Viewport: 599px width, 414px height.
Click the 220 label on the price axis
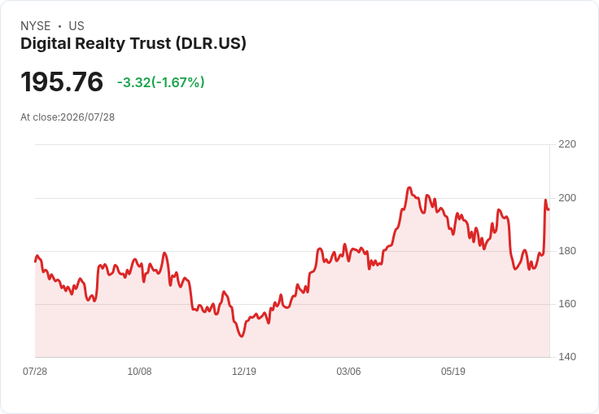click(567, 144)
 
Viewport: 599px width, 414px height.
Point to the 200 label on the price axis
click(567, 198)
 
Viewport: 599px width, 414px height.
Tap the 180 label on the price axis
click(567, 251)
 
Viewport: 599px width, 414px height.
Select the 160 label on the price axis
click(567, 304)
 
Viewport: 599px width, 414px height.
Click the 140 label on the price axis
click(567, 357)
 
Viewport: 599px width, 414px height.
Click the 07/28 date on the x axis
click(35, 372)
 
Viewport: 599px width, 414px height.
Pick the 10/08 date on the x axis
click(139, 372)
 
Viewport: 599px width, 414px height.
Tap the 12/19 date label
click(244, 372)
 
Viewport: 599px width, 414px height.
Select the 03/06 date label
click(348, 372)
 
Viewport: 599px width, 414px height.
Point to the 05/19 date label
click(453, 372)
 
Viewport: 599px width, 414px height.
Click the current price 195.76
click(62, 81)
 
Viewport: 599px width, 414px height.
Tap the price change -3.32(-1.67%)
click(161, 82)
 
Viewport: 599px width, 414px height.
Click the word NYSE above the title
click(36, 26)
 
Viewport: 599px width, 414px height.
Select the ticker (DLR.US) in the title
click(211, 44)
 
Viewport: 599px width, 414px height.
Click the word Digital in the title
click(46, 44)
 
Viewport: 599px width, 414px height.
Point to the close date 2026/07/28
click(87, 117)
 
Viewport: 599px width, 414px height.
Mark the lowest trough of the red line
click(242, 337)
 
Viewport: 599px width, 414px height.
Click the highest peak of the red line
click(409, 187)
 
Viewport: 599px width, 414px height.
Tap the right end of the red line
click(549, 209)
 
